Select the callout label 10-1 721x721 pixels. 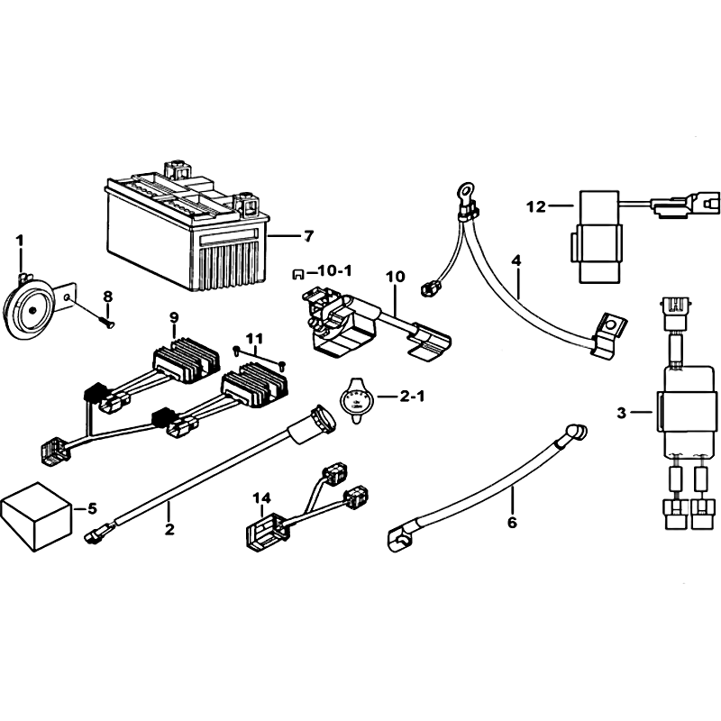tap(334, 271)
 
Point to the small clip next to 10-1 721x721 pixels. tap(298, 275)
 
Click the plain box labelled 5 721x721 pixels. tap(37, 516)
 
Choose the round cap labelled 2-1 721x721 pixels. tap(354, 399)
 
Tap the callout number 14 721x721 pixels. tap(261, 498)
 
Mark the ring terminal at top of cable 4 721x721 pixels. tap(465, 190)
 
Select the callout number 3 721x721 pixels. tap(621, 414)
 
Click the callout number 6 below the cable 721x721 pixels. tap(512, 523)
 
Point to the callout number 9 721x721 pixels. tap(174, 317)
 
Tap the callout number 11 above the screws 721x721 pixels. tap(254, 339)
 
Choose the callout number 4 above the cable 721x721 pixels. tap(516, 261)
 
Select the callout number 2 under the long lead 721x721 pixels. tap(169, 529)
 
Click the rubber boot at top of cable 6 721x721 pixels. tap(577, 434)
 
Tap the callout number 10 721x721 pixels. tap(395, 277)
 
